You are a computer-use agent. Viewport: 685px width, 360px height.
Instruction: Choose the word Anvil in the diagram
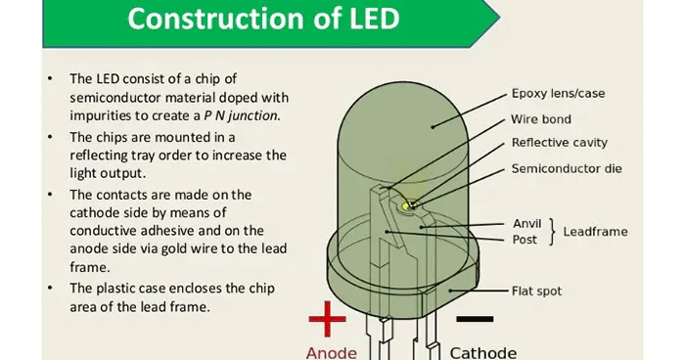(x=526, y=223)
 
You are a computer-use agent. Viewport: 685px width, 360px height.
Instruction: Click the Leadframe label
(x=595, y=232)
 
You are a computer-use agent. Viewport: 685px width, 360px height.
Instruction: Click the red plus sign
(x=328, y=319)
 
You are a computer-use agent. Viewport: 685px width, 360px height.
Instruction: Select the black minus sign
(x=474, y=319)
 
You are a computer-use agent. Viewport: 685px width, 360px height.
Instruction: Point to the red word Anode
(x=332, y=351)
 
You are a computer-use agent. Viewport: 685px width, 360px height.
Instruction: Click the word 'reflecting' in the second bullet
(x=101, y=155)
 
